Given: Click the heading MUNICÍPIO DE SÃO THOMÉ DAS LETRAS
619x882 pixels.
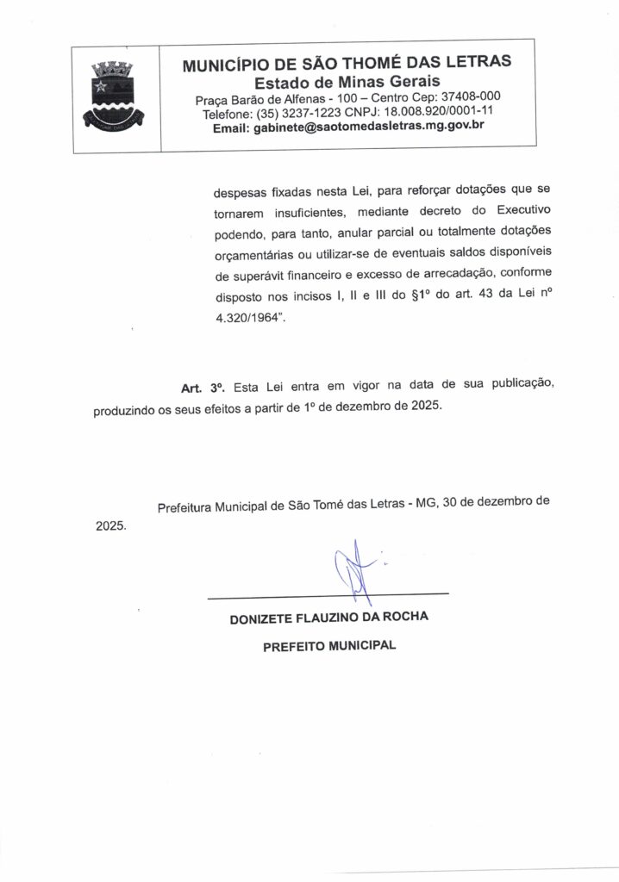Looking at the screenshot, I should [347, 61].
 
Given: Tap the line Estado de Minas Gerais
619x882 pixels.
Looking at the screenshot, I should [347, 80].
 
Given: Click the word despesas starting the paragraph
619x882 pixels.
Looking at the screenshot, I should [241, 192].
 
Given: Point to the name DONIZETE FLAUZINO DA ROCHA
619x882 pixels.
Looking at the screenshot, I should [328, 618].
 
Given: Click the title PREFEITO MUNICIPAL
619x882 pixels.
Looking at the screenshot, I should [328, 645].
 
